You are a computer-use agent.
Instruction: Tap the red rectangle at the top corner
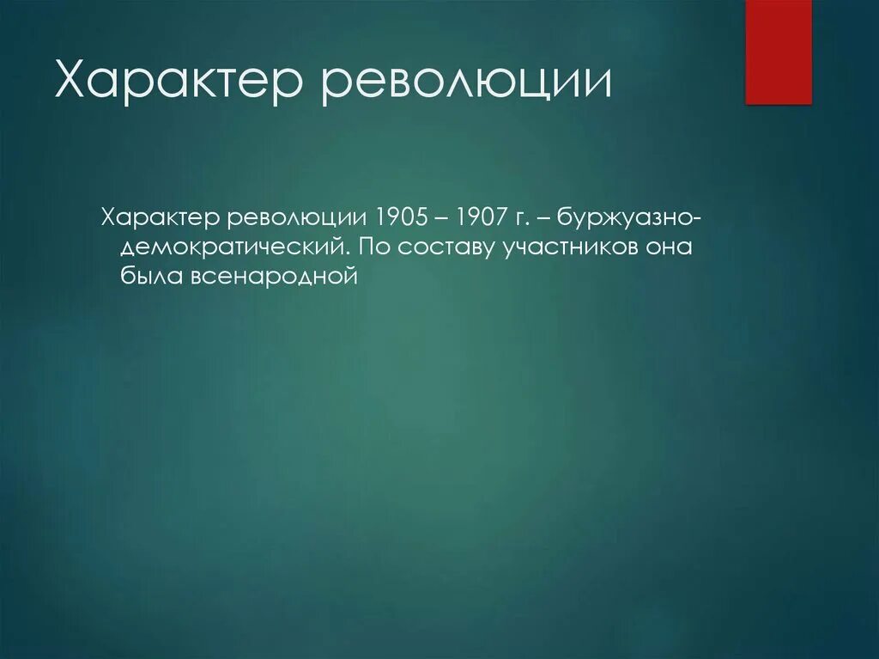778,52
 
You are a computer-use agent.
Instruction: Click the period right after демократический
349,253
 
